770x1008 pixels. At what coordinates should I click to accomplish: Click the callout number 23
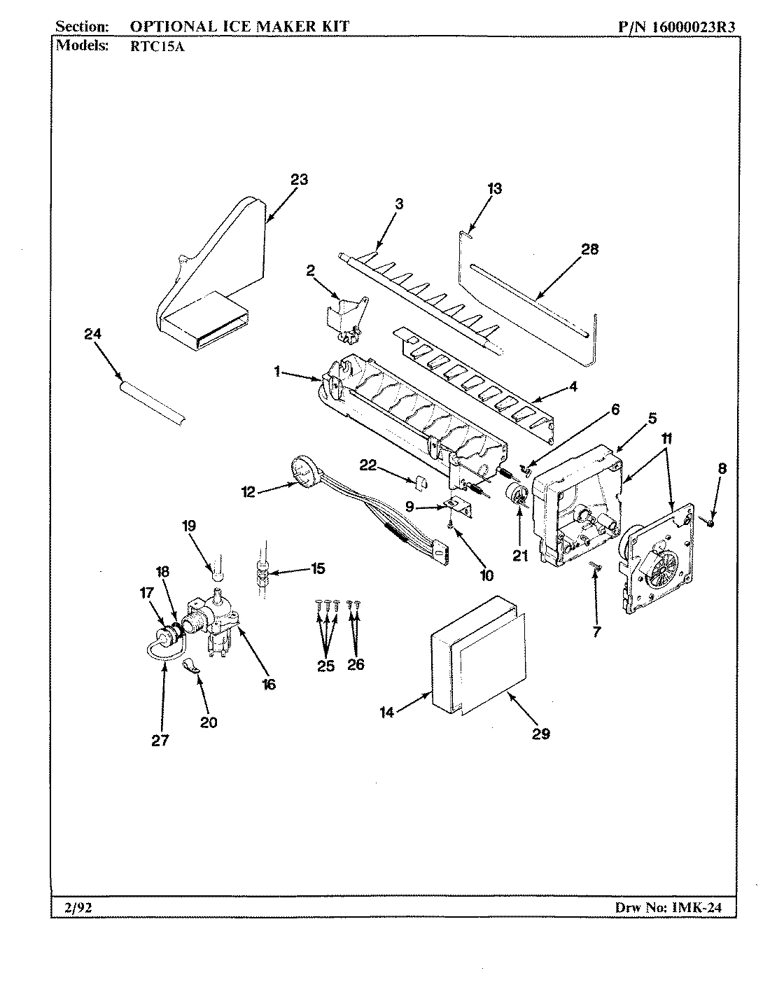pyautogui.click(x=299, y=179)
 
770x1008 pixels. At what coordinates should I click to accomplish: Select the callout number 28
pyautogui.click(x=590, y=249)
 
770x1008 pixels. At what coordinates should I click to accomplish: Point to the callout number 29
pyautogui.click(x=540, y=733)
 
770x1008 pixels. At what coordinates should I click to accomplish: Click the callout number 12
pyautogui.click(x=248, y=492)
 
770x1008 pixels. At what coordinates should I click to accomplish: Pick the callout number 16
pyautogui.click(x=269, y=684)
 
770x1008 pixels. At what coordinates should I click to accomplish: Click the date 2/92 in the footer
pyautogui.click(x=78, y=908)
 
